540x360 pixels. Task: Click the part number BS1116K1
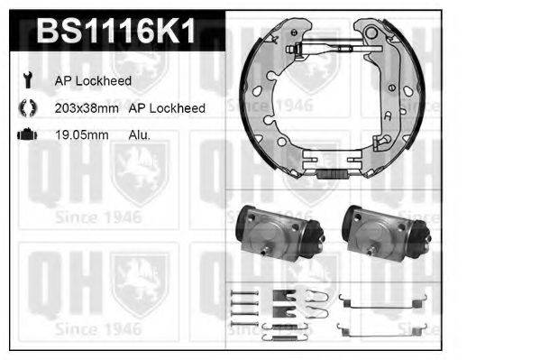pyautogui.click(x=113, y=32)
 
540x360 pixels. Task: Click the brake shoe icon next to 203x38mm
pyautogui.click(x=26, y=107)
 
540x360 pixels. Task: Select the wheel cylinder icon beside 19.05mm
pyautogui.click(x=26, y=134)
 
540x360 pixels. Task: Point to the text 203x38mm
pyautogui.click(x=87, y=107)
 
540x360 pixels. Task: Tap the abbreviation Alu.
pyautogui.click(x=139, y=134)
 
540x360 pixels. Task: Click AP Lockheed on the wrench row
pyautogui.click(x=95, y=81)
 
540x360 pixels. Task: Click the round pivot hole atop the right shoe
pyautogui.click(x=371, y=30)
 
